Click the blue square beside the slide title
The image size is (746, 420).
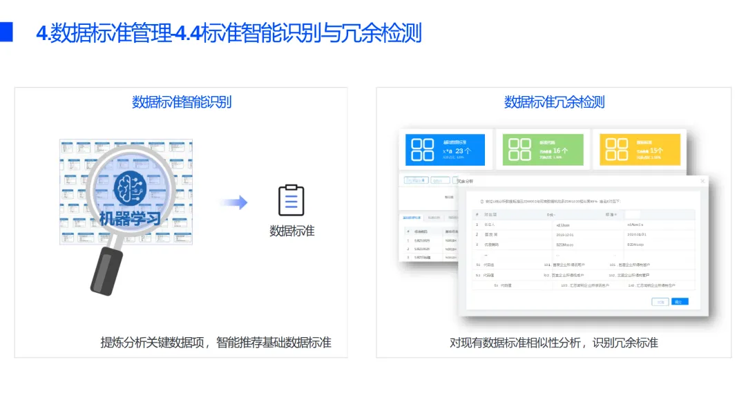click(x=6, y=32)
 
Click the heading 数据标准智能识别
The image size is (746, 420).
click(x=182, y=102)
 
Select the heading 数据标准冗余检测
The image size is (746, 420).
click(x=554, y=102)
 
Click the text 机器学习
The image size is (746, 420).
click(x=130, y=220)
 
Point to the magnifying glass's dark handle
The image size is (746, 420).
click(x=106, y=271)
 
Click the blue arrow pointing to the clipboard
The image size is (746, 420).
click(x=233, y=202)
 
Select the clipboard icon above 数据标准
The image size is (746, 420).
click(x=291, y=200)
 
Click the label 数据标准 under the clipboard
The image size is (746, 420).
click(x=291, y=231)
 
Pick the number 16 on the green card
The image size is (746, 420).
click(x=556, y=150)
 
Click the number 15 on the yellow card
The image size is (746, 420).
click(x=656, y=150)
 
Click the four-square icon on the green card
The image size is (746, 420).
click(x=519, y=150)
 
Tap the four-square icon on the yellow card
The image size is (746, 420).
click(x=616, y=150)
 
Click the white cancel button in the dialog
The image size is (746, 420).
click(x=660, y=302)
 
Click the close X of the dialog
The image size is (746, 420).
click(x=703, y=182)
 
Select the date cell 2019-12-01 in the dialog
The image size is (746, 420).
click(x=565, y=234)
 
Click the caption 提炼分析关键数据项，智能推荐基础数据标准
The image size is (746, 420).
click(x=216, y=343)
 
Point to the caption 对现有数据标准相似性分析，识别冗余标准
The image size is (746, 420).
click(x=554, y=343)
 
